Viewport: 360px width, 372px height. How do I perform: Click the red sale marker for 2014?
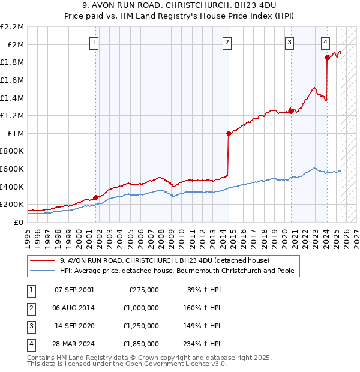tap(229, 134)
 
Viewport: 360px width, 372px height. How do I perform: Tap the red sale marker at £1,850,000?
tap(327, 58)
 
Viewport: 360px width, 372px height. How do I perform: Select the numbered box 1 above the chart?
tap(95, 42)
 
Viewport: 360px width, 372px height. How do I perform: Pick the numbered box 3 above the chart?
tap(289, 42)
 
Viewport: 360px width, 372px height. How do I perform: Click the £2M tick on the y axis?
tap(16, 44)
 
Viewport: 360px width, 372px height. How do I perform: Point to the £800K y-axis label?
tap(12, 151)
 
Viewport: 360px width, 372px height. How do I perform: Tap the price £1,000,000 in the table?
tap(143, 308)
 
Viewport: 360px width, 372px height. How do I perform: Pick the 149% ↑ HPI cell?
tap(203, 326)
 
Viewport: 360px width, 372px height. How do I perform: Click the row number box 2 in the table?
tap(30, 308)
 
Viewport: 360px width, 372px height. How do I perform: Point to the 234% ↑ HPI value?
tap(203, 344)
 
